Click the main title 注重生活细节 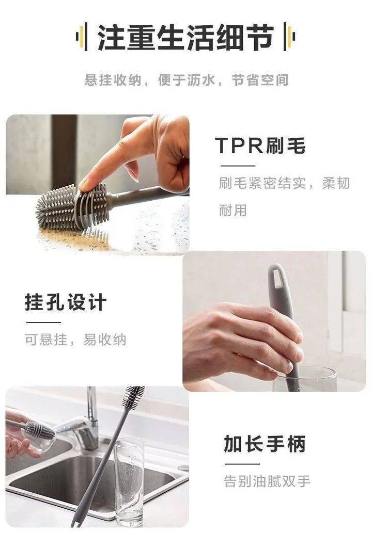pyautogui.click(x=186, y=37)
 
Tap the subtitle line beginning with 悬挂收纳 pyautogui.click(x=187, y=80)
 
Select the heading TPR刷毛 pyautogui.click(x=260, y=146)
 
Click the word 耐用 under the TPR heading pyautogui.click(x=233, y=210)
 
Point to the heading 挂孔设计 pyautogui.click(x=66, y=302)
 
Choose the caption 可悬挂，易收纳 pyautogui.click(x=75, y=340)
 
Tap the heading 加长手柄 pyautogui.click(x=265, y=443)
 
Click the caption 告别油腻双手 pyautogui.click(x=267, y=481)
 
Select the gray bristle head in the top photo pyautogui.click(x=73, y=206)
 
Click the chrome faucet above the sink pyautogui.click(x=85, y=423)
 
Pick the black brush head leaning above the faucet pyautogui.click(x=133, y=398)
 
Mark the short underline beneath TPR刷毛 pyautogui.click(x=238, y=166)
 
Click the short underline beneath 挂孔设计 pyautogui.click(x=43, y=322)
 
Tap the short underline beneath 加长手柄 pyautogui.click(x=242, y=464)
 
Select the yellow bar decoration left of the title pyautogui.click(x=81, y=37)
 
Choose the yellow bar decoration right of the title pyautogui.click(x=290, y=37)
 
